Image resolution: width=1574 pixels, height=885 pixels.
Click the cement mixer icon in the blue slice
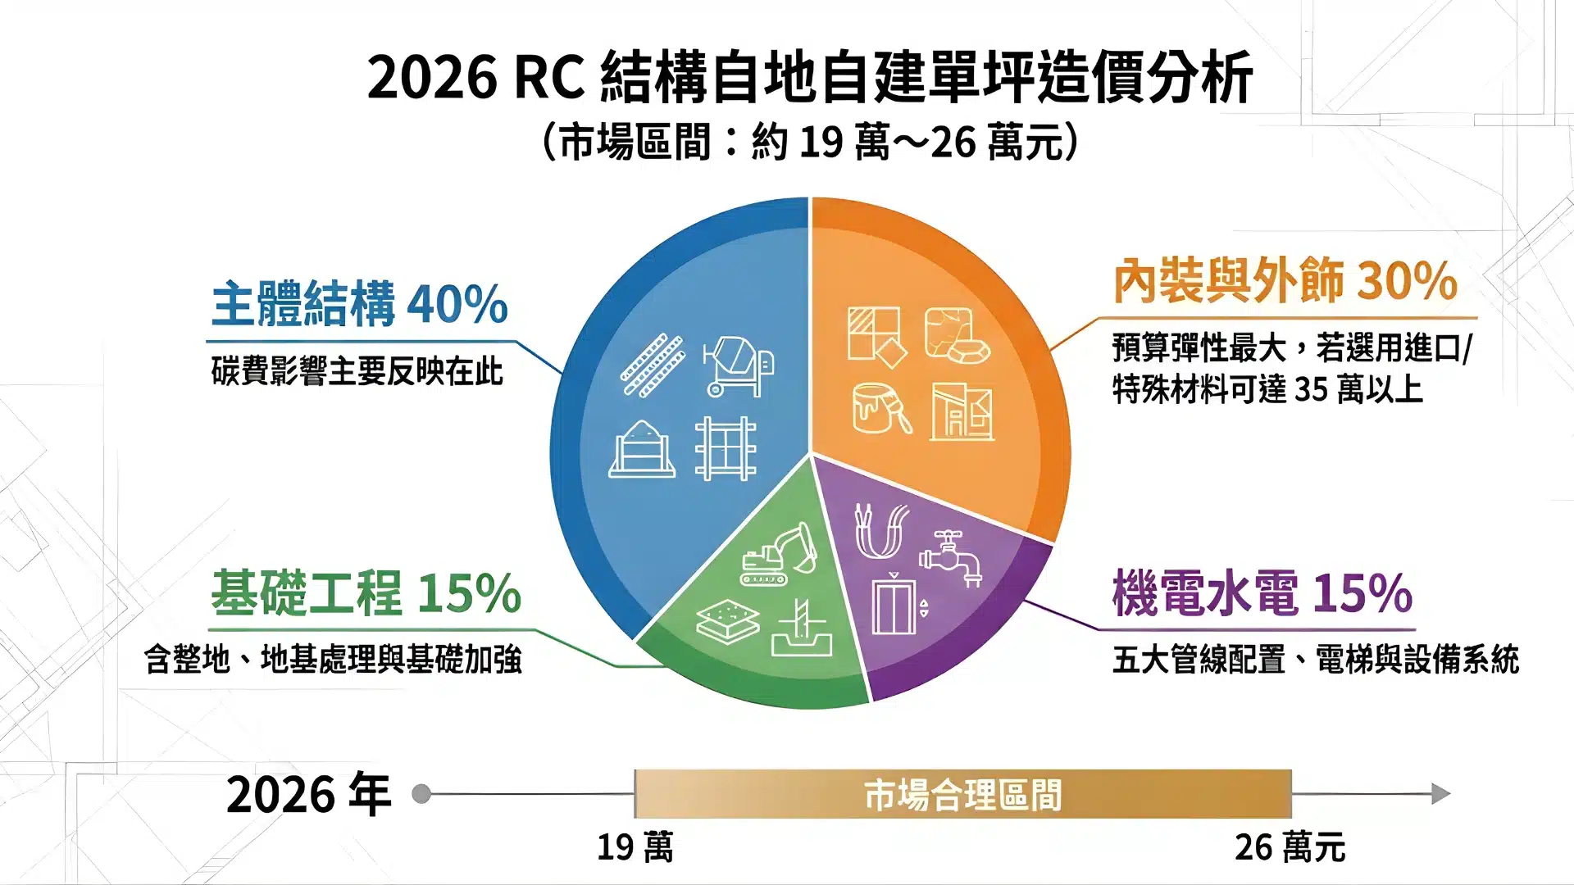point(738,366)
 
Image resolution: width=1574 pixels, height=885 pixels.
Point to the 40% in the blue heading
point(457,304)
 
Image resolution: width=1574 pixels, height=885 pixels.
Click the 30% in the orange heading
point(1407,280)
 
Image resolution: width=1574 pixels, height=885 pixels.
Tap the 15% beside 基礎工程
point(469,592)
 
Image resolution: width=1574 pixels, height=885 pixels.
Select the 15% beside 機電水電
point(1362,592)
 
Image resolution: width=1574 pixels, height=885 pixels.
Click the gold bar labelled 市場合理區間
point(962,794)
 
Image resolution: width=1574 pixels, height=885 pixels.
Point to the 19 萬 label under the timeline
point(635,847)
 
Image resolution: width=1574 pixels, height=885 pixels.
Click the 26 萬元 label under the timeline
point(1290,847)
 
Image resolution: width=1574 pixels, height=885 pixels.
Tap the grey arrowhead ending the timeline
point(1440,793)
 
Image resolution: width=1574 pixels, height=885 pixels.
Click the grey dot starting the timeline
point(421,793)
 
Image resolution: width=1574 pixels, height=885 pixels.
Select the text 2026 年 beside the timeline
point(308,794)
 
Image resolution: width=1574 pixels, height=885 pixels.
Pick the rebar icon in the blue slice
point(652,365)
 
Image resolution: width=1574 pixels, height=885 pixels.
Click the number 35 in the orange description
point(1311,390)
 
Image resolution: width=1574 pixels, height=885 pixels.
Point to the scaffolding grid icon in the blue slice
point(726,448)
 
